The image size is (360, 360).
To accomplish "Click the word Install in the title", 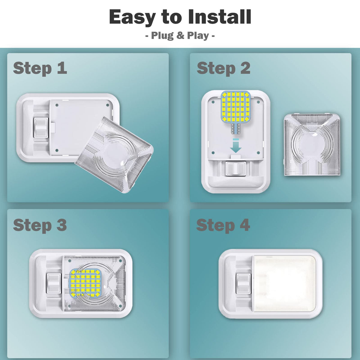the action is [x=220, y=17].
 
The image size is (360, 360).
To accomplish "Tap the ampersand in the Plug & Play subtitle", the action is [x=180, y=35].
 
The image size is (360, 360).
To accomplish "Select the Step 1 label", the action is [x=40, y=69].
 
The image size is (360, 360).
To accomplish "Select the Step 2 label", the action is [x=223, y=69].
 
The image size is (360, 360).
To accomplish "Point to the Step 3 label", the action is [x=40, y=226].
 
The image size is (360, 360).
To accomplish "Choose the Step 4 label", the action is [x=223, y=226].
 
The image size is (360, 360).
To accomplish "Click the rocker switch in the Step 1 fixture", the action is [x=41, y=128].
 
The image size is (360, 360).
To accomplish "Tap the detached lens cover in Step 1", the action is [x=114, y=155].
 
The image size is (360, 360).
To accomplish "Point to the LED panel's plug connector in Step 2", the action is [x=235, y=129].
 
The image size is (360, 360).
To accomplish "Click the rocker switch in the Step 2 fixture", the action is [x=235, y=169].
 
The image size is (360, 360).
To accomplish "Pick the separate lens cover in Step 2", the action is [x=312, y=144].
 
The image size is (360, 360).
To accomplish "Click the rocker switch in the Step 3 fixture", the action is [x=54, y=283].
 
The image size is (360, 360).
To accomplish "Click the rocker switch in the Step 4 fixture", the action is [x=243, y=283].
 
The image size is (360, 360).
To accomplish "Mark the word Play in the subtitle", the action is [x=198, y=35].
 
